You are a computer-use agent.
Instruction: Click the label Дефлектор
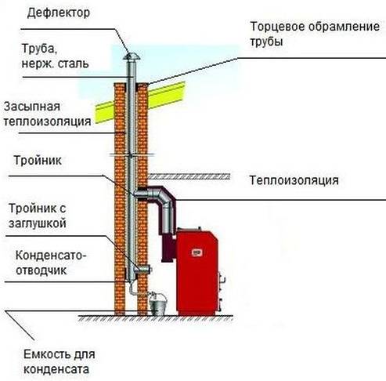[x=59, y=13]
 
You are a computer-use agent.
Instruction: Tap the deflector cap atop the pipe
[x=132, y=56]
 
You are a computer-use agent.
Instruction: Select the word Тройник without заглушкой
[x=38, y=160]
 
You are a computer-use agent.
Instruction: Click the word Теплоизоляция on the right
[x=294, y=180]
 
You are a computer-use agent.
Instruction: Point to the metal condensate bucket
[x=158, y=304]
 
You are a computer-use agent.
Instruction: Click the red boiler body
[x=197, y=272]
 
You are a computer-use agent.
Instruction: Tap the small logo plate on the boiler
[x=197, y=252]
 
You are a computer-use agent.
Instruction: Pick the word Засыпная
[x=32, y=107]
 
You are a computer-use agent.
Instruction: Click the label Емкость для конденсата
[x=60, y=362]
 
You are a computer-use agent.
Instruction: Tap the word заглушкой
[x=38, y=223]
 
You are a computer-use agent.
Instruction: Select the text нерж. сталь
[x=55, y=63]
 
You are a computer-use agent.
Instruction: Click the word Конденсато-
[x=51, y=256]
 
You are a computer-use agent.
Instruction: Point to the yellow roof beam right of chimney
[x=167, y=95]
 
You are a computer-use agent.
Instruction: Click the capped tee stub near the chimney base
[x=143, y=269]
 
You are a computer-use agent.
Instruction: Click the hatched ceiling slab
[x=189, y=176]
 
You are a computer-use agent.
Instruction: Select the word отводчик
[x=41, y=270]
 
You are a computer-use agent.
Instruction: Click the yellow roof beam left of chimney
[x=105, y=112]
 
